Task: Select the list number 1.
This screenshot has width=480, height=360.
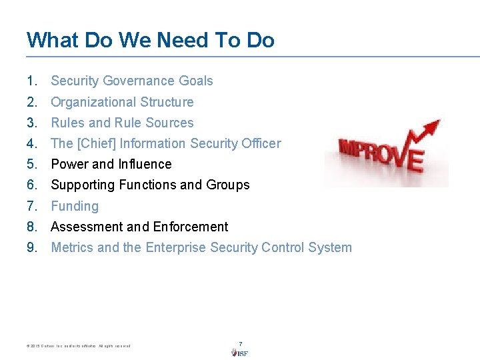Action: pyautogui.click(x=31, y=81)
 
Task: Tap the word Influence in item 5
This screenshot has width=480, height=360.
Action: pyautogui.click(x=145, y=164)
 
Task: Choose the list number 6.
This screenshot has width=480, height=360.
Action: pyautogui.click(x=31, y=185)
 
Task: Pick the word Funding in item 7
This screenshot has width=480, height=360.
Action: pyautogui.click(x=75, y=206)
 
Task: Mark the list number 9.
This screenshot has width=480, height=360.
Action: pyautogui.click(x=31, y=247)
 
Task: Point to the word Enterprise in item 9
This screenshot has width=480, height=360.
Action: pyautogui.click(x=175, y=247)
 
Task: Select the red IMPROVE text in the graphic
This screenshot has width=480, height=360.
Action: pyautogui.click(x=380, y=155)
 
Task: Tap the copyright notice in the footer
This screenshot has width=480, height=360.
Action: pyautogui.click(x=79, y=346)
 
